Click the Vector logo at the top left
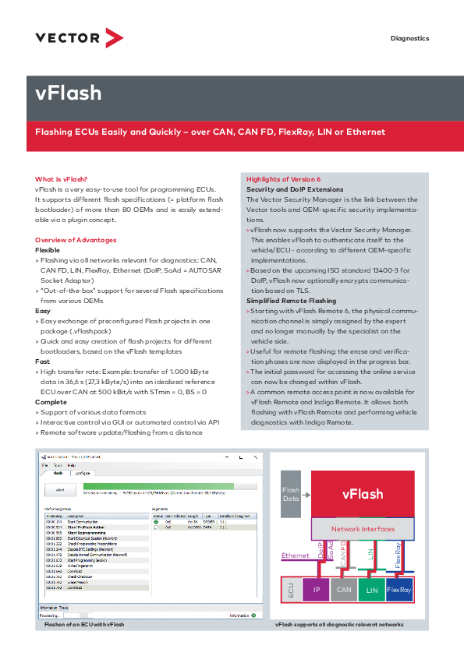79,37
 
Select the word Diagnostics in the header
409,38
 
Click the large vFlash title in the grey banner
69,93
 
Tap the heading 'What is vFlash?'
55,179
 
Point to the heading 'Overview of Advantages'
76,239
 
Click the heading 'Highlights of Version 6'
283,179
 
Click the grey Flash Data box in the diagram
290,495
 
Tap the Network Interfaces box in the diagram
363,529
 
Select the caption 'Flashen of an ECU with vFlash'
84,625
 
